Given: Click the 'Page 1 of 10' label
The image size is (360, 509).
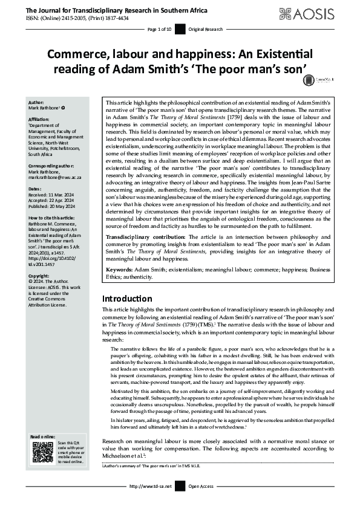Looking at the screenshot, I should tap(160, 29).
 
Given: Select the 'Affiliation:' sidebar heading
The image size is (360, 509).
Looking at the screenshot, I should tap(39, 120).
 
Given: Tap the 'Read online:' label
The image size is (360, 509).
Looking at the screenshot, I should tap(42, 437).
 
